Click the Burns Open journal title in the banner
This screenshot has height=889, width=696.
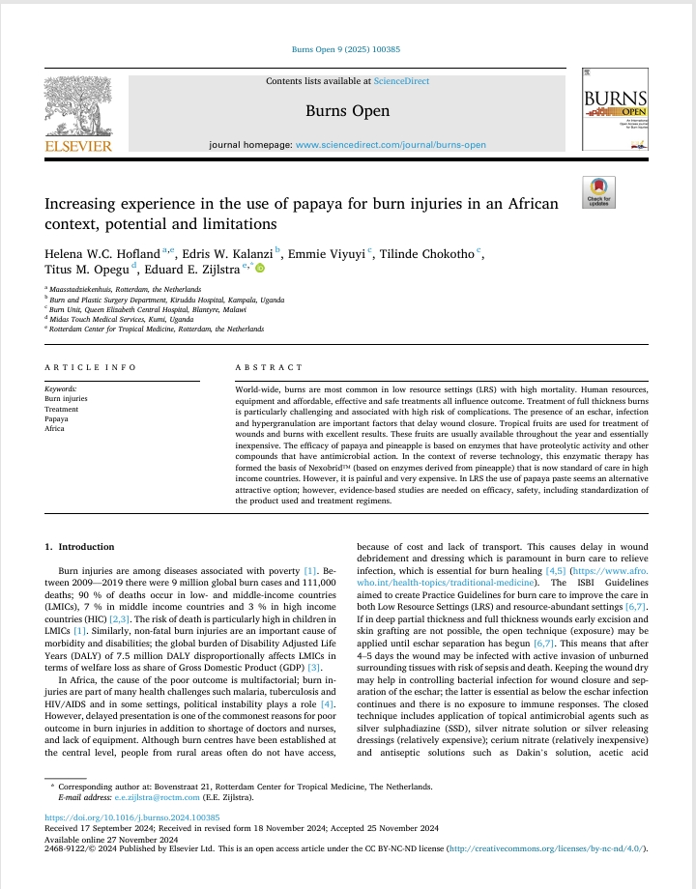348,111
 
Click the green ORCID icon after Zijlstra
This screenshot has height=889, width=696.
259,270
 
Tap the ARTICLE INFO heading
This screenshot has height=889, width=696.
91,368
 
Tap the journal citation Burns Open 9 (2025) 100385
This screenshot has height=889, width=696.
347,50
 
